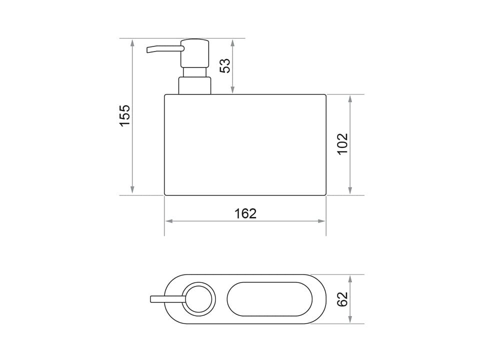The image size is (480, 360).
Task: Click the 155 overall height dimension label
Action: click(x=125, y=115)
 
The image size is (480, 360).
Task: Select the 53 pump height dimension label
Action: click(x=225, y=65)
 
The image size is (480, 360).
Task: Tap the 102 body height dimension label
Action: click(x=343, y=144)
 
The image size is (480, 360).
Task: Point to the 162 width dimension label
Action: click(x=245, y=213)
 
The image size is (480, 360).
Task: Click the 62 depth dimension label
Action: click(x=342, y=299)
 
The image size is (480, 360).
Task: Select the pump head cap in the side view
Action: click(x=195, y=53)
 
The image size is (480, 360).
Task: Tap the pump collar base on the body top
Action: click(x=194, y=85)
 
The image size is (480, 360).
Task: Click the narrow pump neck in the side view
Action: click(x=194, y=72)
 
